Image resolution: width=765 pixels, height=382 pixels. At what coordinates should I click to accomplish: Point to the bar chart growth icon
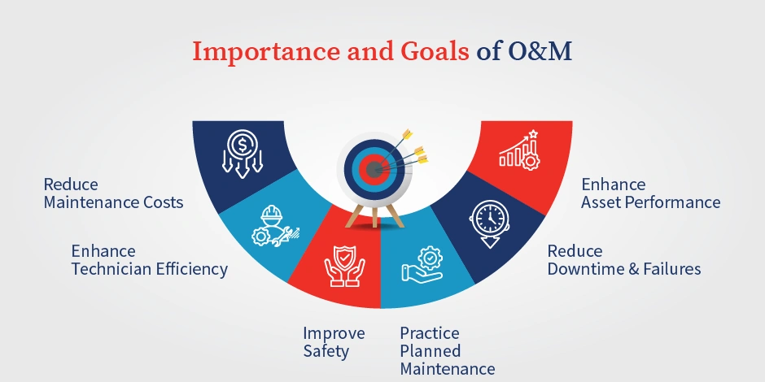pyautogui.click(x=519, y=150)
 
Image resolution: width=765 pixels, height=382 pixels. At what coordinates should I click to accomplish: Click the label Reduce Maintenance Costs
pyautogui.click(x=113, y=193)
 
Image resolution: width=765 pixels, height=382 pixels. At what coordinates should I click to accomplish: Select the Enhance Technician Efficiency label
pyautogui.click(x=149, y=259)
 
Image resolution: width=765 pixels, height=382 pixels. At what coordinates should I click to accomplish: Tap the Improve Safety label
pyautogui.click(x=334, y=342)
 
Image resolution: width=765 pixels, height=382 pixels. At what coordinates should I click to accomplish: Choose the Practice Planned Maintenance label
pyautogui.click(x=447, y=351)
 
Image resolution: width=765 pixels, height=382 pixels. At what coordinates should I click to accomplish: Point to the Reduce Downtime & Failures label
pyautogui.click(x=623, y=259)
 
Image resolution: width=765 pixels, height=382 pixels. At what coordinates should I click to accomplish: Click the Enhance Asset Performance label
pyautogui.click(x=650, y=193)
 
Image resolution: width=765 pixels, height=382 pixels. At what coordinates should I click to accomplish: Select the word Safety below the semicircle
pyautogui.click(x=326, y=351)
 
